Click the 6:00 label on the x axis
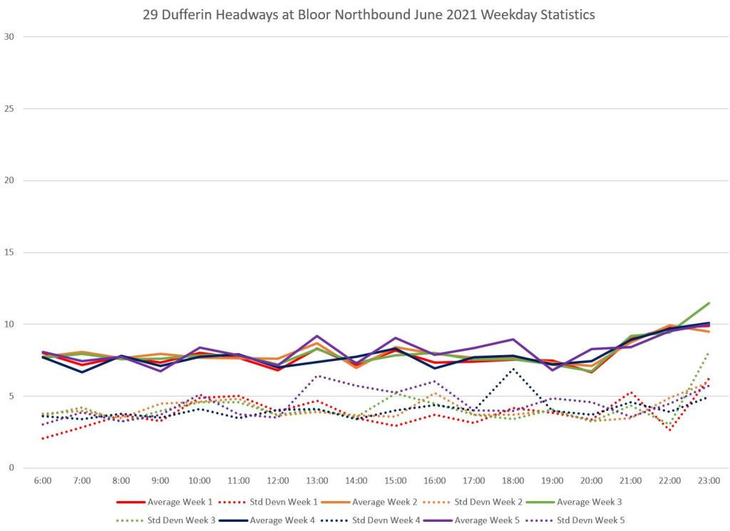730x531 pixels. (x=43, y=481)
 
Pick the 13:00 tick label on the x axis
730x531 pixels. (x=317, y=481)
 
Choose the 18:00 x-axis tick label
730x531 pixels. (x=513, y=481)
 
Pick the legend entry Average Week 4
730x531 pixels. (x=282, y=520)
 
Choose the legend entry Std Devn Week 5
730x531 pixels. (x=591, y=520)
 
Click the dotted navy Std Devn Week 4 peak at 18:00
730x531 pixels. (x=513, y=369)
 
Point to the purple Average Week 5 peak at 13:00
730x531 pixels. (x=317, y=335)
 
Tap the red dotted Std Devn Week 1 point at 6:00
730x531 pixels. (x=43, y=438)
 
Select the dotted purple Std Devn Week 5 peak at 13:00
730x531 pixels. (x=317, y=376)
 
